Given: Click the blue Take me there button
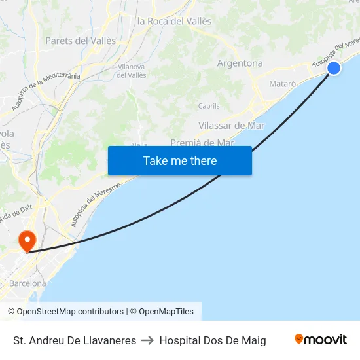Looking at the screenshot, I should pyautogui.click(x=180, y=160).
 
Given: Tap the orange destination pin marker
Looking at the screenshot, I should pyautogui.click(x=27, y=240).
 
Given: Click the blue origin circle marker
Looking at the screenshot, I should pyautogui.click(x=334, y=67).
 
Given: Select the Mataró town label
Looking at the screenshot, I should pyautogui.click(x=283, y=84).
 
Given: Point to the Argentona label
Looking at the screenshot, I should pyautogui.click(x=240, y=63).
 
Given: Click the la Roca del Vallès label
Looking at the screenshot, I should pyautogui.click(x=175, y=21).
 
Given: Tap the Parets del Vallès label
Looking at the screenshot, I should pyautogui.click(x=81, y=41).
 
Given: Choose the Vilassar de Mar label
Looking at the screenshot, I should pyautogui.click(x=231, y=125).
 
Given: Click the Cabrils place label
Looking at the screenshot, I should pyautogui.click(x=209, y=106).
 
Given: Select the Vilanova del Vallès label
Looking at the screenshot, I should pyautogui.click(x=131, y=71).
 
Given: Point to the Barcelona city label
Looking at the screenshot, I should pyautogui.click(x=27, y=283).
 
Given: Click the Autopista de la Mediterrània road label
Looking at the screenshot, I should pyautogui.click(x=46, y=90).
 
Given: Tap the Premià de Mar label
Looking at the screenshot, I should pyautogui.click(x=202, y=142).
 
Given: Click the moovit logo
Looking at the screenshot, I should pyautogui.click(x=321, y=340).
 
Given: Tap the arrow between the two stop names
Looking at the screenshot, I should pyautogui.click(x=148, y=340).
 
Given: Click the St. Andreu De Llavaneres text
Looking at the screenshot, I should pyautogui.click(x=75, y=340).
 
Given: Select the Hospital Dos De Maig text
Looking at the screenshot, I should pyautogui.click(x=213, y=340).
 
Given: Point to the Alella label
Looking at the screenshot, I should pyautogui.click(x=139, y=145).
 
